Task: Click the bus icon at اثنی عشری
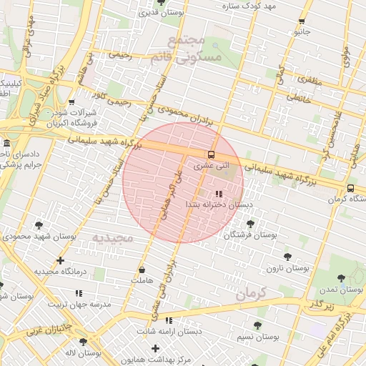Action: point(211,154)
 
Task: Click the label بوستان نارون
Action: point(287,268)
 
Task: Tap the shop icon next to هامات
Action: point(142,270)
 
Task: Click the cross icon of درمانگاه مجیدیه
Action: point(60,261)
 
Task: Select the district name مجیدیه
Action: point(113,237)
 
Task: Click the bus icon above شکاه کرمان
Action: point(350,188)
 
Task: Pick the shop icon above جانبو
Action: point(302,21)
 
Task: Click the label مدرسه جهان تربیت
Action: point(79,304)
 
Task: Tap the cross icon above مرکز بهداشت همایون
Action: point(155,348)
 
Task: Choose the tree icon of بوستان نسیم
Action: point(257,325)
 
